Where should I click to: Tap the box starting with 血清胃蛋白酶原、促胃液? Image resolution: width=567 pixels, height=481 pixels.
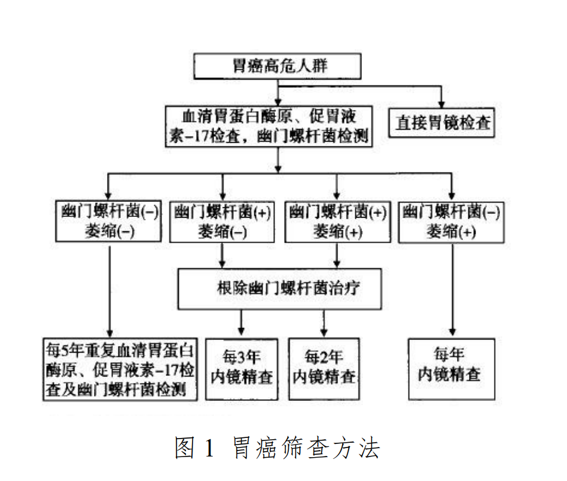click(x=269, y=125)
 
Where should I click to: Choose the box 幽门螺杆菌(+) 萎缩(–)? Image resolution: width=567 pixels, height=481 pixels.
click(x=222, y=220)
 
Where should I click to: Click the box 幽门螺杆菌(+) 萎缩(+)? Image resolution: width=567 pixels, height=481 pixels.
click(x=337, y=220)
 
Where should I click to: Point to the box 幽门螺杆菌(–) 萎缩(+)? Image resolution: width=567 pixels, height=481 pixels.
click(x=452, y=220)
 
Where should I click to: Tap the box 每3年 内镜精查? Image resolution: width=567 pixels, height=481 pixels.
click(x=242, y=367)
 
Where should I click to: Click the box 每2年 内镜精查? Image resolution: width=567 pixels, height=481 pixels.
click(x=324, y=367)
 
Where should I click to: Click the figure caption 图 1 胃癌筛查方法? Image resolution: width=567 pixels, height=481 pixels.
click(x=278, y=448)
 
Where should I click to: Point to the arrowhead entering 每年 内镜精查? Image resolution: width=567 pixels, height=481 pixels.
click(x=452, y=333)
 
